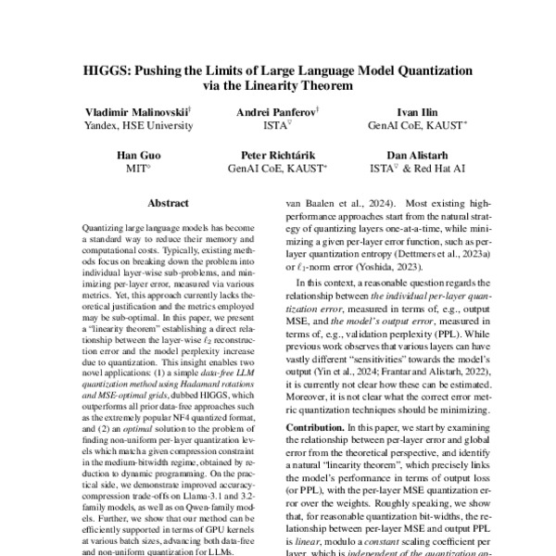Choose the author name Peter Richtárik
tap(277, 155)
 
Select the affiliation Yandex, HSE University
tap(136, 125)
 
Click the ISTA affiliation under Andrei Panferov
tap(275, 125)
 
